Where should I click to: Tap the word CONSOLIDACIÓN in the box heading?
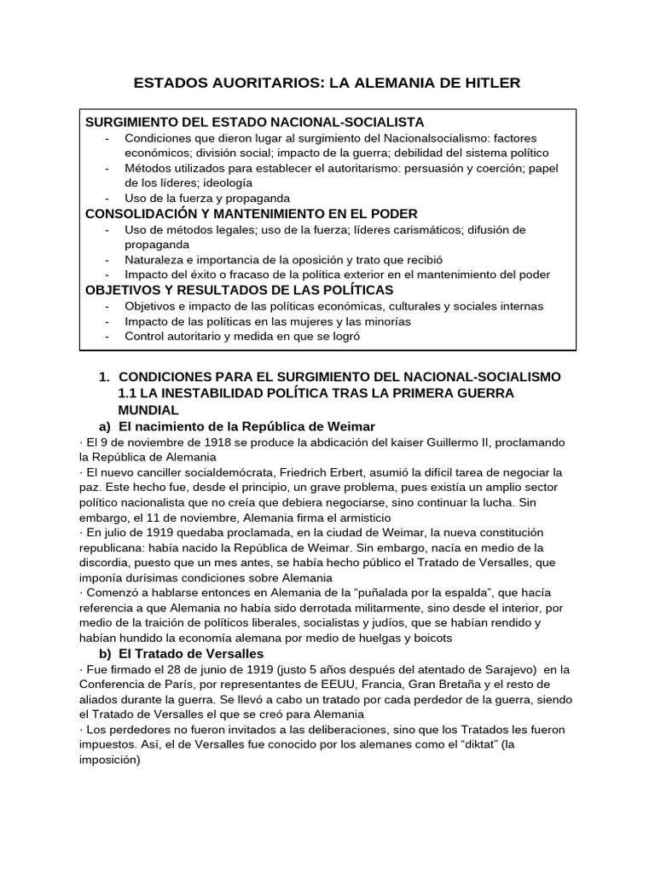click(x=136, y=213)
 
